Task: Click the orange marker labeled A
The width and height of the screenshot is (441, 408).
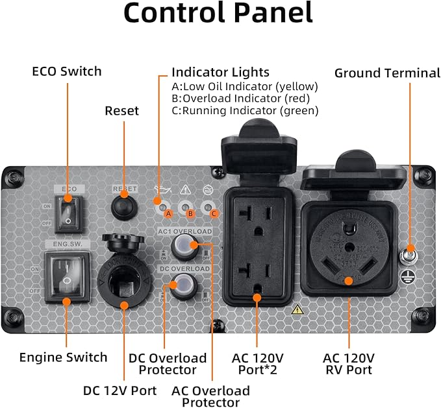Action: pyautogui.click(x=168, y=213)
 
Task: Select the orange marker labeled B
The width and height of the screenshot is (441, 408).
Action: pyautogui.click(x=190, y=213)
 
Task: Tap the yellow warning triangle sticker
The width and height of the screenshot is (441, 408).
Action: pyautogui.click(x=297, y=309)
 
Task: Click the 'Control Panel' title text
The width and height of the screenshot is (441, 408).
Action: pyautogui.click(x=218, y=14)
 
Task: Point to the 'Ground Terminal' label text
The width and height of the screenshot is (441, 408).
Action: pyautogui.click(x=387, y=73)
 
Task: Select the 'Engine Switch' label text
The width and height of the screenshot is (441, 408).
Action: pyautogui.click(x=63, y=357)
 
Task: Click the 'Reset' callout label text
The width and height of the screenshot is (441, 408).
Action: pyautogui.click(x=122, y=111)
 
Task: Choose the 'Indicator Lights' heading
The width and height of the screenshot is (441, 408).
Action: pyautogui.click(x=220, y=72)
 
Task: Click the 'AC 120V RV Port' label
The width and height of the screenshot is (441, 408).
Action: pyautogui.click(x=349, y=363)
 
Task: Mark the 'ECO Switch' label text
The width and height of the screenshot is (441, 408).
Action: pyautogui.click(x=67, y=71)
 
